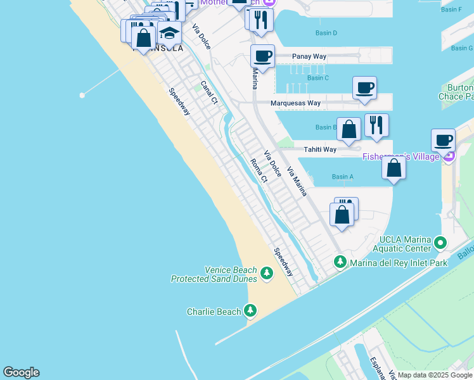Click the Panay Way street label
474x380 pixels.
[x=309, y=56]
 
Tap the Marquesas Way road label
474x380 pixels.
[x=295, y=103]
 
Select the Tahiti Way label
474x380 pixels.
[x=319, y=149]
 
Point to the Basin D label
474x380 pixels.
[x=326, y=33]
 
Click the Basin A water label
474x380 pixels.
[x=342, y=177]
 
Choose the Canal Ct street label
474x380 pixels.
[x=209, y=92]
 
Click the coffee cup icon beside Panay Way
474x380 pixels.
[x=262, y=56]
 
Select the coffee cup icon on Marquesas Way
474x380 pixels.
[x=364, y=87]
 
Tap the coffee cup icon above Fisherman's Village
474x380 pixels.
[x=443, y=139]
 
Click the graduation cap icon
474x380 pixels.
[x=169, y=32]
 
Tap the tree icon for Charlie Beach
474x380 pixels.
[x=251, y=311]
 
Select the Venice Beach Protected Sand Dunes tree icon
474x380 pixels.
[x=267, y=274]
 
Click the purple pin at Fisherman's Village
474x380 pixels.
[x=449, y=156]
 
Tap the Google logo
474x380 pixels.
[x=21, y=372]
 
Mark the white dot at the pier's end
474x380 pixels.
[x=82, y=95]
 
